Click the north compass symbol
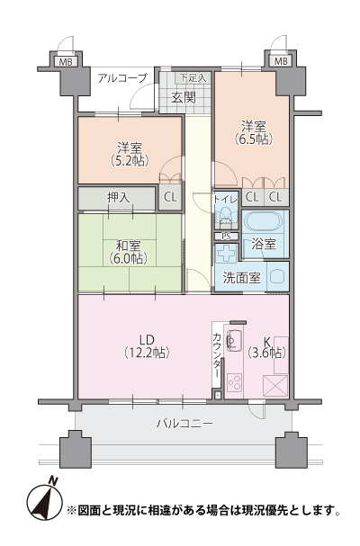[x=42, y=500]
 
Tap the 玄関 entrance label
[x=184, y=97]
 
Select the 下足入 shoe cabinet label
[x=193, y=77]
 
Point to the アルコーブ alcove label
[x=122, y=77]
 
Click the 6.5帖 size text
[x=254, y=139]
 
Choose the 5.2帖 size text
[x=130, y=160]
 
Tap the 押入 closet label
[x=119, y=198]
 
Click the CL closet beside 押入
[x=170, y=197]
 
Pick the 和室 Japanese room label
[x=128, y=246]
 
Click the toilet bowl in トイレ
[x=226, y=216]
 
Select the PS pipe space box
[x=226, y=237]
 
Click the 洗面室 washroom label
[x=241, y=278]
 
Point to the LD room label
[x=147, y=339]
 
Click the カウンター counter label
[x=216, y=355]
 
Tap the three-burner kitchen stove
[x=235, y=382]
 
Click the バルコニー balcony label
[x=184, y=424]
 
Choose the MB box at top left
[x=66, y=62]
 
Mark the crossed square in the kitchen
[x=275, y=386]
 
